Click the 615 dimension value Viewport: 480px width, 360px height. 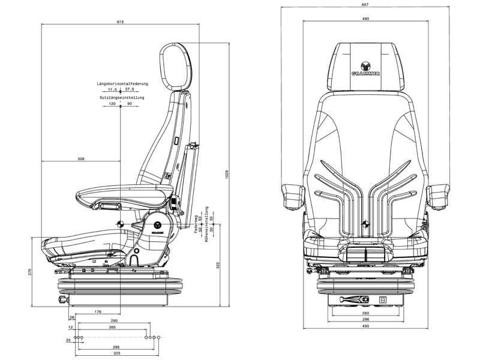click(121, 22)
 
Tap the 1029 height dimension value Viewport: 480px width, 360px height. click(227, 173)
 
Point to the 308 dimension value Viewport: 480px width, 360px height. click(81, 159)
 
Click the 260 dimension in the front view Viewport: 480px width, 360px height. click(365, 313)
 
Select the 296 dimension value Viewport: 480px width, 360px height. click(365, 319)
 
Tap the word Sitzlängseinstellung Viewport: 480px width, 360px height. click(122, 97)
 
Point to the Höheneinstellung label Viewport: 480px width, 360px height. click(207, 223)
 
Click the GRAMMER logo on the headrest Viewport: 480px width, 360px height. click(365, 69)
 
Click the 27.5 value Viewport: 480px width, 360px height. click(130, 89)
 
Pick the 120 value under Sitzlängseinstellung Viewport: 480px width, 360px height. click(112, 103)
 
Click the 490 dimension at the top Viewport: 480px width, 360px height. click(365, 19)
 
